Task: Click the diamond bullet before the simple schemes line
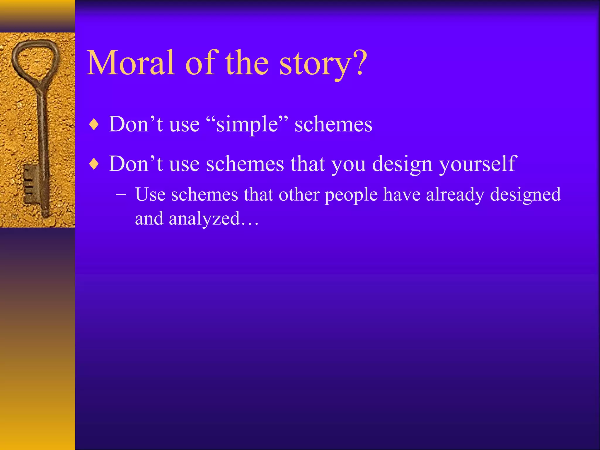click(94, 125)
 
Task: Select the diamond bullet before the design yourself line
click(94, 164)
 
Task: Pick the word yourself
click(478, 164)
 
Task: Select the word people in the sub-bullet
click(351, 195)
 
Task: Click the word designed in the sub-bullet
click(525, 195)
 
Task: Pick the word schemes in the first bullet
click(333, 125)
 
